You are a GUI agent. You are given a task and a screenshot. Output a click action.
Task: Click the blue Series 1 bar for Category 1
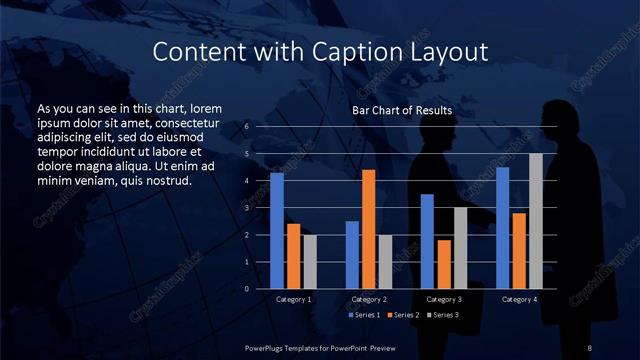pos(277,231)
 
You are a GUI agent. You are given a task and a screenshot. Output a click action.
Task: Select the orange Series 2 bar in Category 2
pos(368,229)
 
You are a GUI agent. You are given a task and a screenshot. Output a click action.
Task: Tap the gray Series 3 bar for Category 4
pos(536,221)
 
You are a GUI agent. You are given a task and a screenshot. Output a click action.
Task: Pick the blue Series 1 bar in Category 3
pos(427,241)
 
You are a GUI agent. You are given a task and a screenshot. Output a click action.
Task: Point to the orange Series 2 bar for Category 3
pos(443,264)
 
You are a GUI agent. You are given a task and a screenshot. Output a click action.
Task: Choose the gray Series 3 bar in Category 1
pos(309,262)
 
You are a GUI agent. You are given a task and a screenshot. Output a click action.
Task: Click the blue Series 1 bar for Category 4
pos(503,228)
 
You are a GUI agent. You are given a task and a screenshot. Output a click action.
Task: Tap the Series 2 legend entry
pos(402,315)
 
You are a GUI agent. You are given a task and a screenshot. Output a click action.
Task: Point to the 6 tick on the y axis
pos(246,127)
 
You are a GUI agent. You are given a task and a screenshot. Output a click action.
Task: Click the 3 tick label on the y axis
pos(246,208)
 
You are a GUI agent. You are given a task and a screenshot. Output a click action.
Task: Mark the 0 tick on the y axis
pos(246,289)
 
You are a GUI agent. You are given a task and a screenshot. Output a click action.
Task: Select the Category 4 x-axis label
pos(519,299)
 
